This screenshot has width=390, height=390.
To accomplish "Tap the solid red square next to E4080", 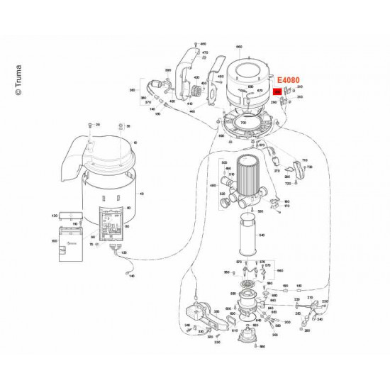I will pos(278,91).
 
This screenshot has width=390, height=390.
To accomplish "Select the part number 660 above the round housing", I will pos(239,46).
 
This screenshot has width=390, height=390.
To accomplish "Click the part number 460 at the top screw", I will pos(202,44).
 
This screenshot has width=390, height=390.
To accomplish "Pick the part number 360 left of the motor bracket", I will pos(132,91).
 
